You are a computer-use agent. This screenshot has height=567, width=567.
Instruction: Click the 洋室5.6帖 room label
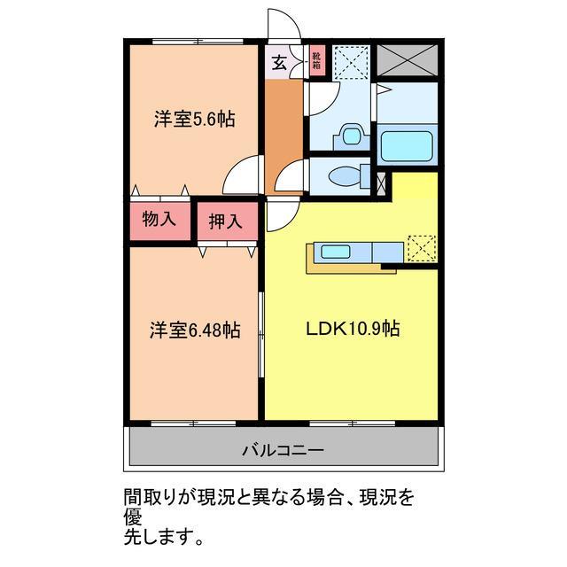click(x=194, y=119)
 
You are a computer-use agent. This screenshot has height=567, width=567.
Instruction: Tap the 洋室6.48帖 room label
click(x=194, y=330)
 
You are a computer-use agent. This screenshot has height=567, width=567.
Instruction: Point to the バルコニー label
click(x=283, y=450)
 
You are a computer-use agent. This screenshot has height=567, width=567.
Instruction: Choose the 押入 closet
click(x=225, y=221)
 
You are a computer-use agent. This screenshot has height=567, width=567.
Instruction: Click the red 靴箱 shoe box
click(x=316, y=59)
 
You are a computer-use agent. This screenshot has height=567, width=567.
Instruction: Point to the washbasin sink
click(x=351, y=137)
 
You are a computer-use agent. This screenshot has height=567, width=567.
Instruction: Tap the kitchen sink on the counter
click(x=337, y=252)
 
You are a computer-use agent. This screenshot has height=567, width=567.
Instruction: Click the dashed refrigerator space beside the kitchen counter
click(x=422, y=249)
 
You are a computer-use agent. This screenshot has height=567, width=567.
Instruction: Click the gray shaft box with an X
click(x=407, y=60)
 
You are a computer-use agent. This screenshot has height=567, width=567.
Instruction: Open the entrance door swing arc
click(x=283, y=25)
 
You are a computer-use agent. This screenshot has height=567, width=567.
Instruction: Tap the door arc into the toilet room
click(x=290, y=178)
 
